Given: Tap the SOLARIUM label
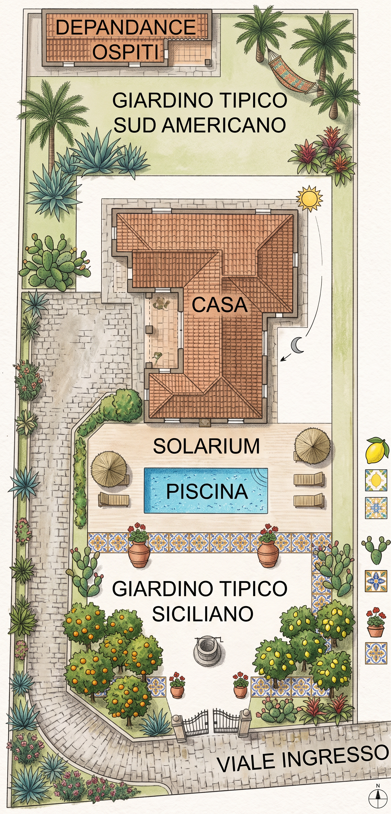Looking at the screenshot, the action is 206,446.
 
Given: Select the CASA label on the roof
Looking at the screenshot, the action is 220,305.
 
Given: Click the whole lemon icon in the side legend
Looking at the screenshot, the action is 377,450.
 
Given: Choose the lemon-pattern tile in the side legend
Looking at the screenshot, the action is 376,480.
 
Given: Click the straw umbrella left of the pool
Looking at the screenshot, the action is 109,468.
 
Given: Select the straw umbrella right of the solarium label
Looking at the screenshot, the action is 312,446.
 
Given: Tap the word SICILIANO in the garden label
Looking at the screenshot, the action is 203,614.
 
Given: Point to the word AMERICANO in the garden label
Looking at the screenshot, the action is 224,125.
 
